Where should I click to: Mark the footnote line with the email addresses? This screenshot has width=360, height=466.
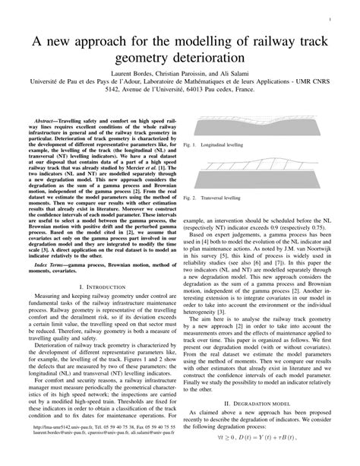click(x=109, y=455)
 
